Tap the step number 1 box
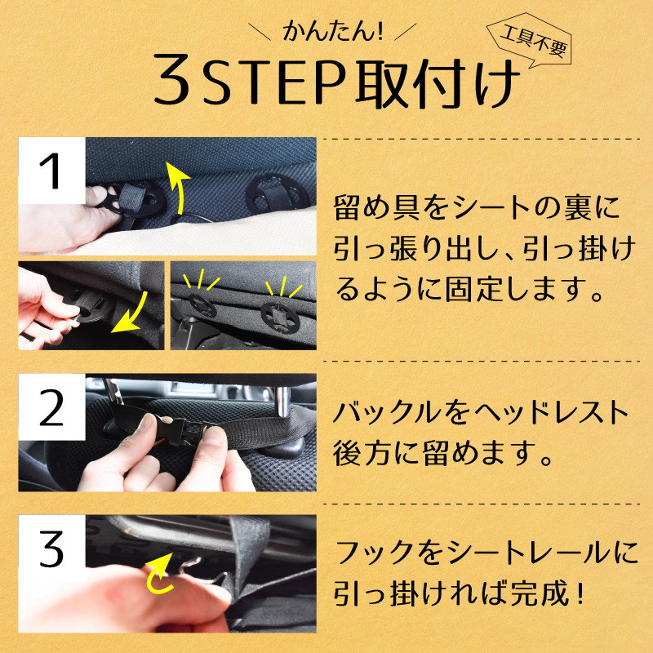point(51,171)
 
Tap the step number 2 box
point(51,411)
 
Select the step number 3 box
point(51,549)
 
